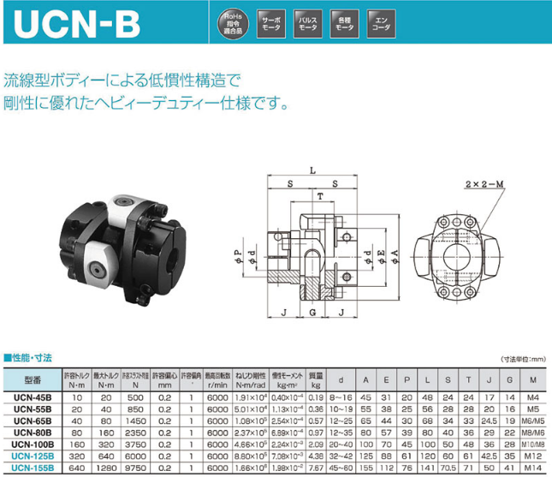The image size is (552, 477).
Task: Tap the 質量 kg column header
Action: (x=315, y=379)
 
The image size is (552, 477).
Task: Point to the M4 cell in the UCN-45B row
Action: (x=532, y=397)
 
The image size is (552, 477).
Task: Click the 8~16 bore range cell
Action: (x=341, y=397)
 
